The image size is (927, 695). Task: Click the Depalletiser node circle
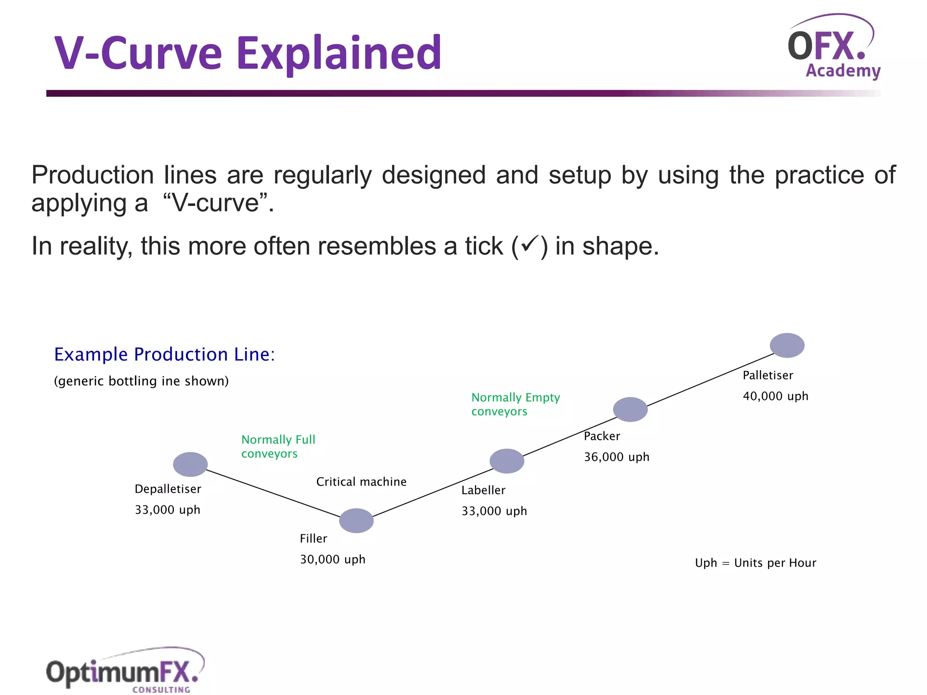click(x=190, y=464)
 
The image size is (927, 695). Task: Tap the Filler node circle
click(x=356, y=521)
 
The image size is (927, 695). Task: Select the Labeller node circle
click(x=507, y=461)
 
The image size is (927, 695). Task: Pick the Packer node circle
click(x=630, y=409)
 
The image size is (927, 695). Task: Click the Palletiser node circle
click(x=787, y=345)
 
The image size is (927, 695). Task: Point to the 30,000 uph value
click(x=332, y=560)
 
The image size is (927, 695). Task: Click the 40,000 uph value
click(x=775, y=396)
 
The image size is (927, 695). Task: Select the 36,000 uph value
click(x=616, y=457)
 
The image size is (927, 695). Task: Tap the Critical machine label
click(x=361, y=482)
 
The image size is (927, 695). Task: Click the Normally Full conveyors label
click(x=278, y=447)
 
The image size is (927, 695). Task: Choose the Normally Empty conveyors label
click(x=515, y=404)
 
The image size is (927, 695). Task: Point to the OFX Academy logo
click(x=834, y=48)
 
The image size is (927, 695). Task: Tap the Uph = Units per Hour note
click(x=755, y=563)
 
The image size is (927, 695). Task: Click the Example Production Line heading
click(x=164, y=354)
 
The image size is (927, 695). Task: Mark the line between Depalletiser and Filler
click(x=273, y=493)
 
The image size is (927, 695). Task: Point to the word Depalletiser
click(x=167, y=489)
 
